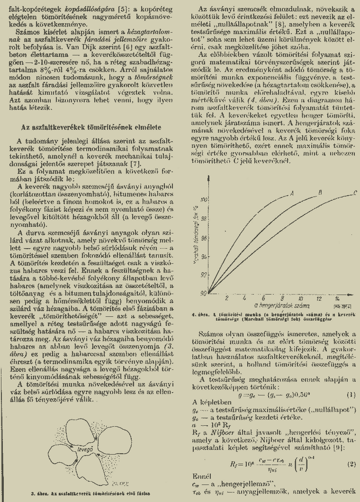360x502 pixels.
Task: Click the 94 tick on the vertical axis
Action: (x=205, y=256)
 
